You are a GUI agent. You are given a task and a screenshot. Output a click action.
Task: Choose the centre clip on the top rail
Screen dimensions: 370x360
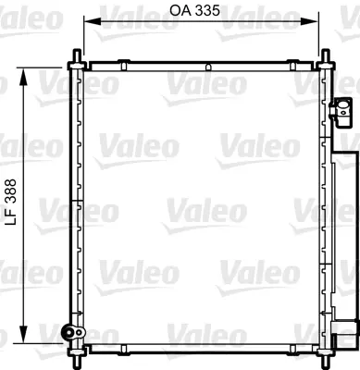tap(209, 67)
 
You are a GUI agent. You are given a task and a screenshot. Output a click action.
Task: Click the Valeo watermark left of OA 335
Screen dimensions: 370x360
tap(130, 11)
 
